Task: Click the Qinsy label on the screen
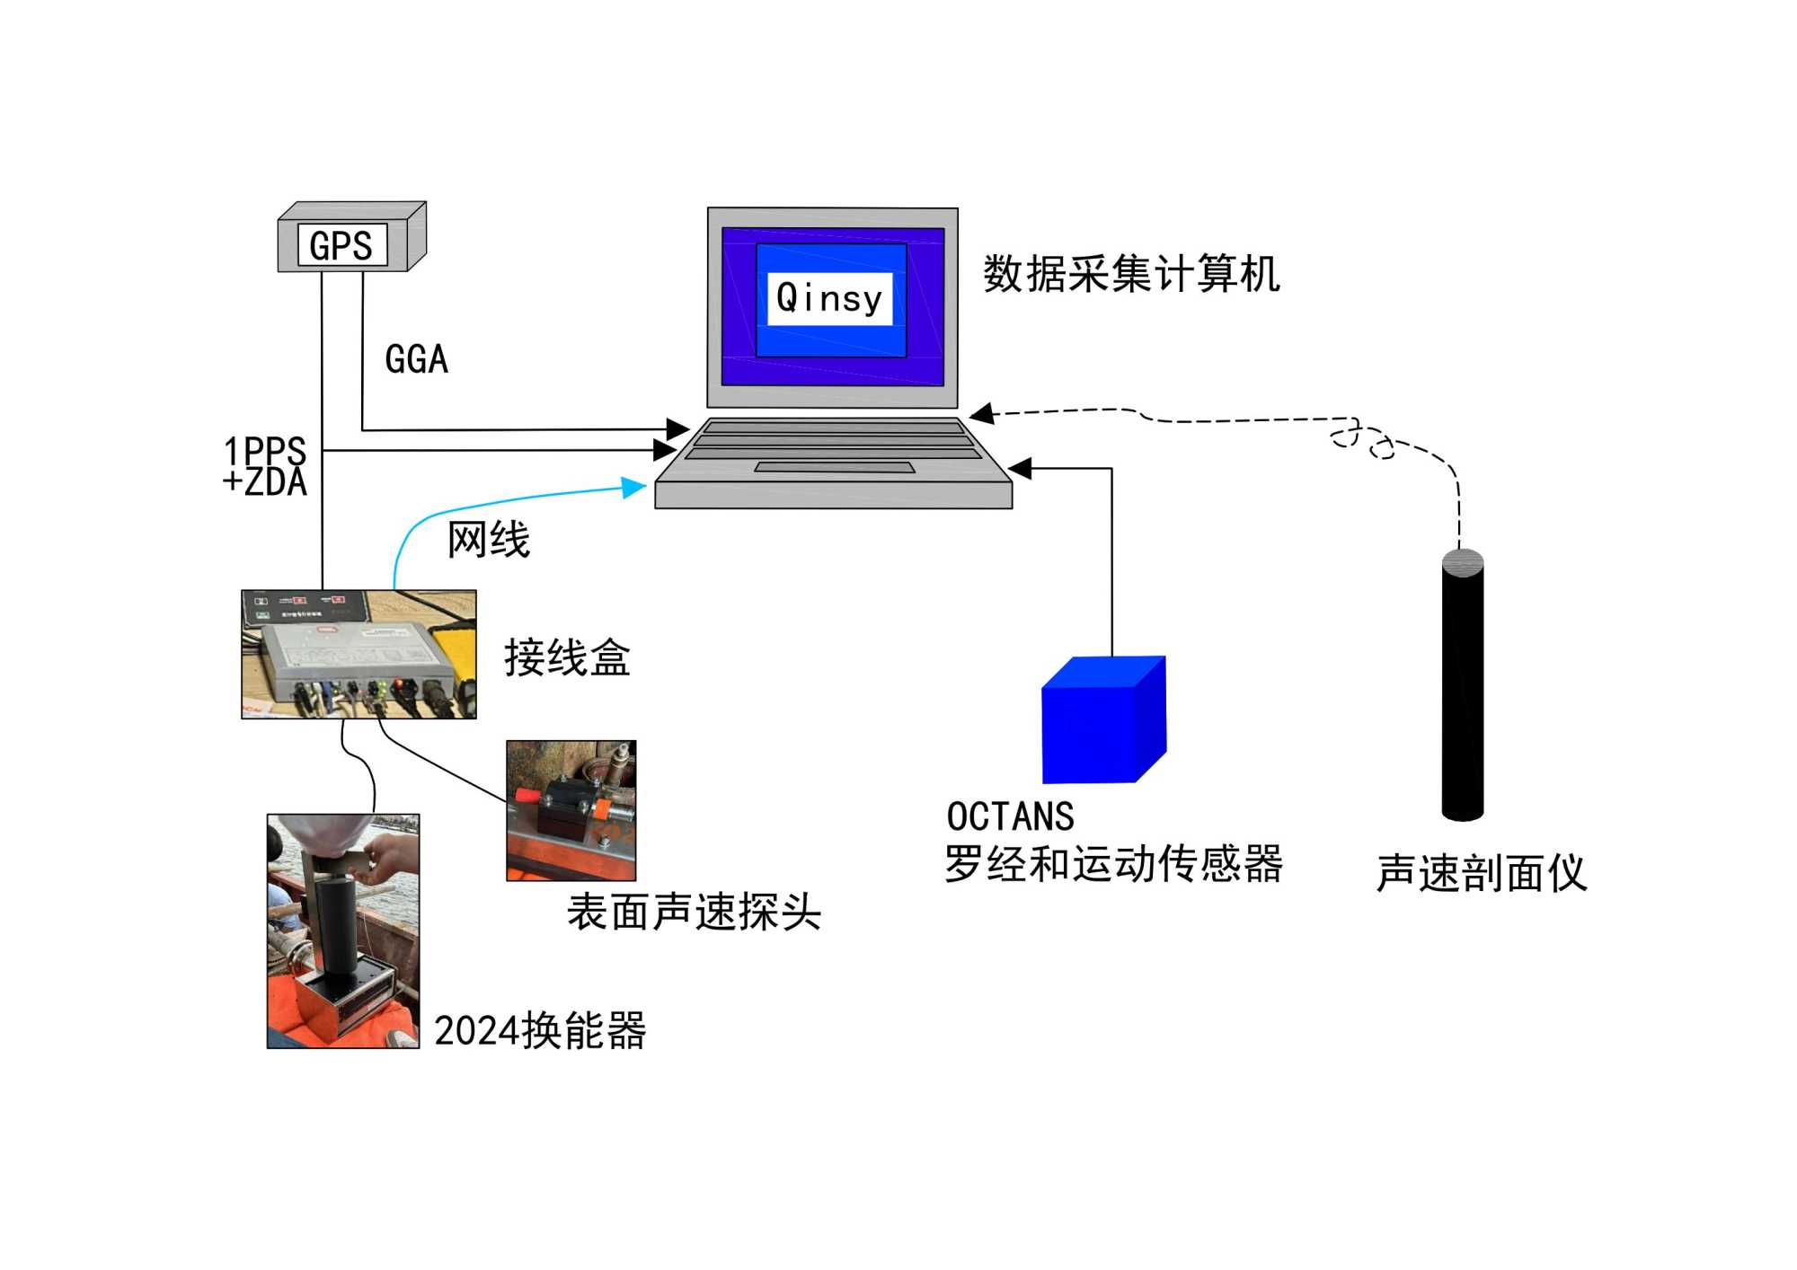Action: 829,298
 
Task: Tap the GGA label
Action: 416,359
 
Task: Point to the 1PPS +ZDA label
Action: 265,466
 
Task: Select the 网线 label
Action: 488,540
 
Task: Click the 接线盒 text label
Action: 567,657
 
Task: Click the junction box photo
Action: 359,654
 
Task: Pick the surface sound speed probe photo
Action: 571,810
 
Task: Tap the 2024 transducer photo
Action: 342,930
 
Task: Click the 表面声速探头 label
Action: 694,913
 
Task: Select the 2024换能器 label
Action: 540,1030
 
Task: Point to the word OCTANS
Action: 1010,816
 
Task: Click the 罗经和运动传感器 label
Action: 1112,864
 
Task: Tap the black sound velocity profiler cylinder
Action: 1462,687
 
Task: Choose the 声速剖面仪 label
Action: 1482,873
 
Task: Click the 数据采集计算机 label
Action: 1130,274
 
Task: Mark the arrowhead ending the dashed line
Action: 982,414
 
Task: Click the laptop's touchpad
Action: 834,467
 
